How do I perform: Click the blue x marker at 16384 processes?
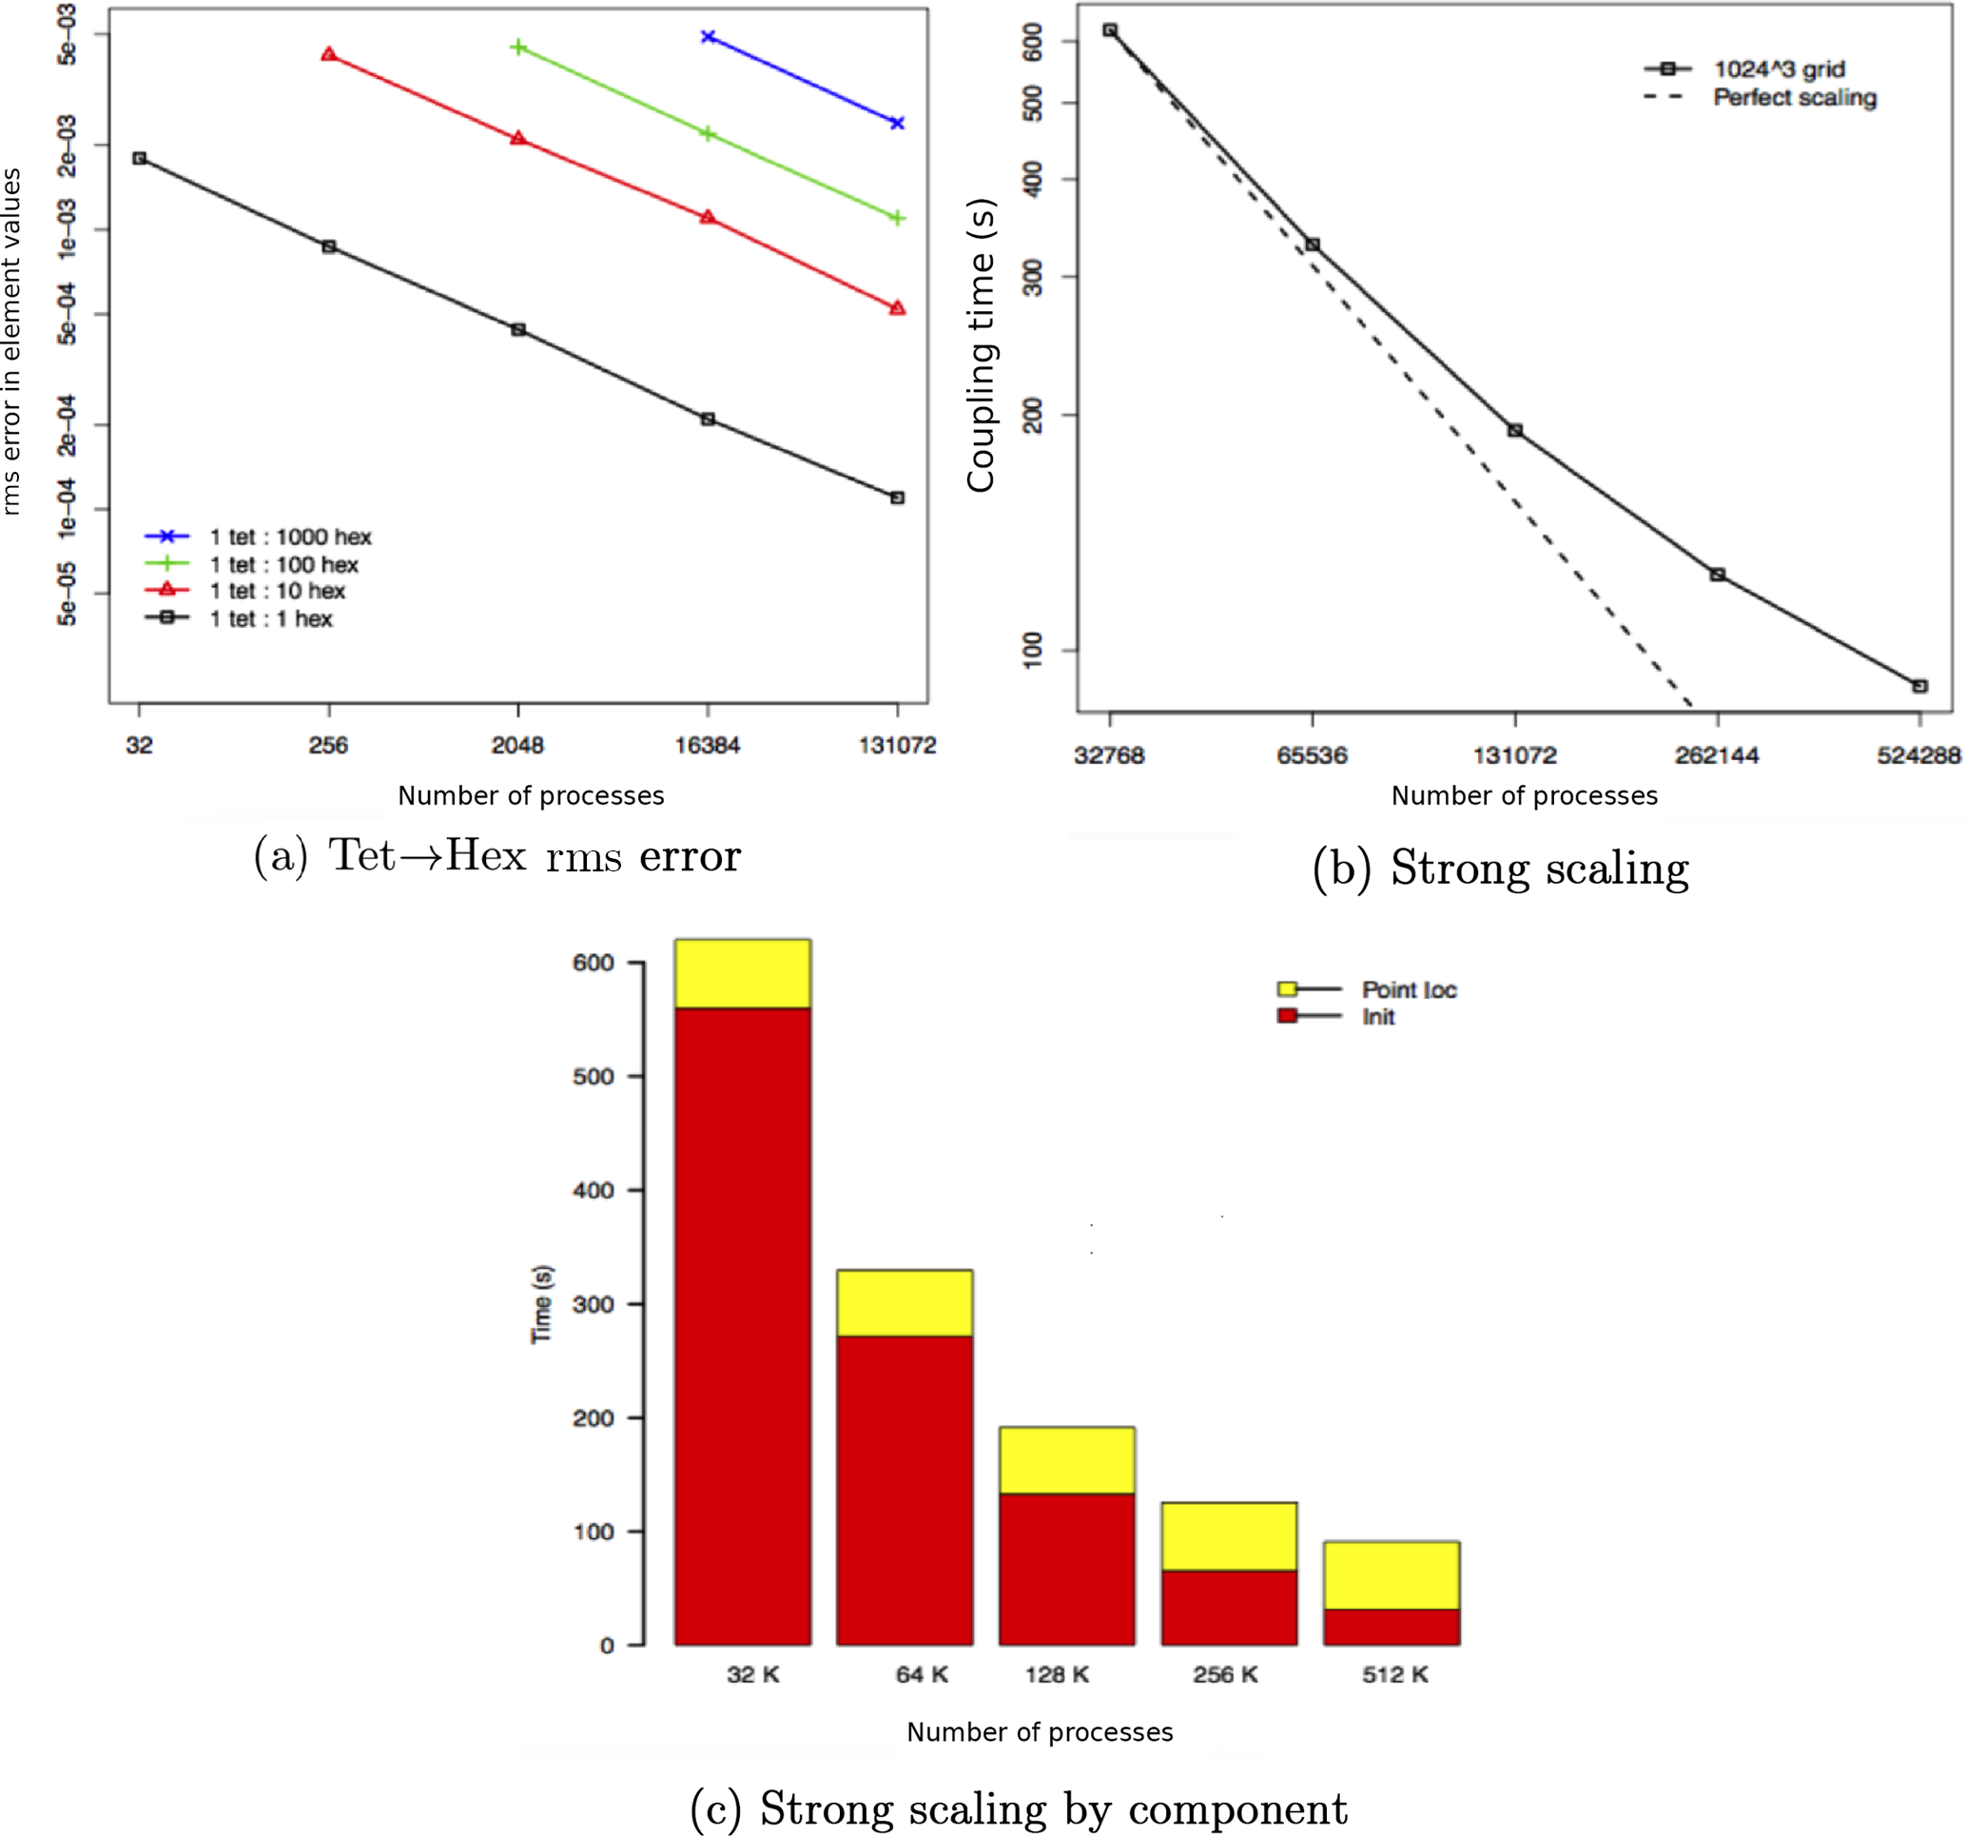coord(708,36)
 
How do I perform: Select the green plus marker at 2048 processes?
coord(518,48)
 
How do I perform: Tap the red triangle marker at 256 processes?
coord(329,54)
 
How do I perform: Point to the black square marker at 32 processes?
coord(140,158)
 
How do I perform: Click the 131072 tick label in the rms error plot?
coord(897,745)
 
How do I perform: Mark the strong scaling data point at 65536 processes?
coord(1314,244)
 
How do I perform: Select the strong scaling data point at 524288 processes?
coord(1919,687)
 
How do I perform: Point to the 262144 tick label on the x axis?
coord(1717,755)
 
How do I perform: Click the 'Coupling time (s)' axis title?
coord(981,346)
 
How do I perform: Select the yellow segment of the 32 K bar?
coord(743,973)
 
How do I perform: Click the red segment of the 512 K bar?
coord(1392,1627)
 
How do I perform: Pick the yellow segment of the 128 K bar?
coord(1067,1460)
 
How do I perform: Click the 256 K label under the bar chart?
coord(1225,1675)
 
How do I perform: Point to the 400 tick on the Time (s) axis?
coord(594,1190)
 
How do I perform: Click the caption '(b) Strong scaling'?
coord(1500,869)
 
